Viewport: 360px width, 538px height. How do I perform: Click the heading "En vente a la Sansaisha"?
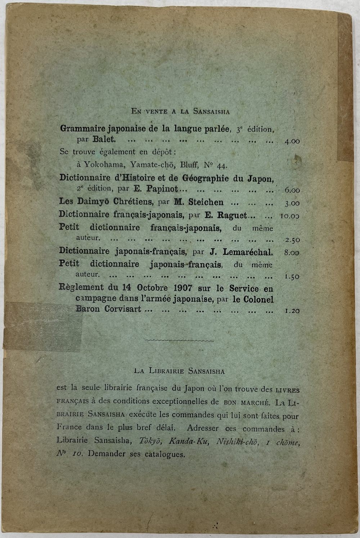(180, 111)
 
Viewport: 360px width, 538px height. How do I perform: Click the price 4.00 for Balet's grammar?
(292, 141)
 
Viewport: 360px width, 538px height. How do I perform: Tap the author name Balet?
(104, 139)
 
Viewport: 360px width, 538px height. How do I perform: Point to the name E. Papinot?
(156, 188)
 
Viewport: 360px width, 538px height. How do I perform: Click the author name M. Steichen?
(199, 202)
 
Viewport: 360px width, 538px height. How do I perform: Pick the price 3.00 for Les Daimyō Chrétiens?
(292, 204)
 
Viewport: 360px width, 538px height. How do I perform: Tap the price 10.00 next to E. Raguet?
(290, 216)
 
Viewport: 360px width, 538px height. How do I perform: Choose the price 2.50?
(292, 240)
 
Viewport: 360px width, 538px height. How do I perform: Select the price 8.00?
(291, 253)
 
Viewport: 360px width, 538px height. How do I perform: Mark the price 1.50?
(292, 277)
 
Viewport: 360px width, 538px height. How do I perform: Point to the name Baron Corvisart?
(108, 309)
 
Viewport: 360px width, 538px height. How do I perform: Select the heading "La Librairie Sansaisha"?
(179, 371)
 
